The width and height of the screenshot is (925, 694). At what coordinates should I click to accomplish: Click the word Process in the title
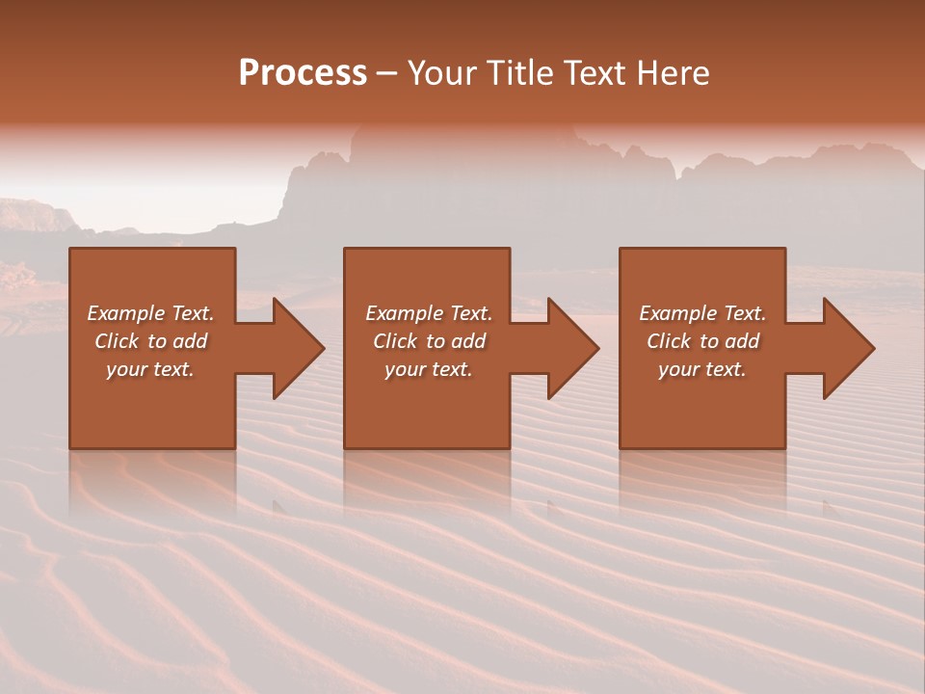pos(303,73)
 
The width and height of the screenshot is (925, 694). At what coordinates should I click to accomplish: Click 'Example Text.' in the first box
pos(150,313)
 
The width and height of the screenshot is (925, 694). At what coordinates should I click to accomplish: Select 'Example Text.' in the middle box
pos(429,313)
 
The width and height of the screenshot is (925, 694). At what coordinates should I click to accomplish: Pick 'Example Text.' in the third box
pos(702,313)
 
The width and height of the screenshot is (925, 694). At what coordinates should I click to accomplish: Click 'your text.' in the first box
pos(150,369)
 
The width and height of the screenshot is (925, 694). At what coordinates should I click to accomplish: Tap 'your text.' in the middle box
pos(429,369)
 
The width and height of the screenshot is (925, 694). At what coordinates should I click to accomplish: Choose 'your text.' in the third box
pos(702,369)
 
